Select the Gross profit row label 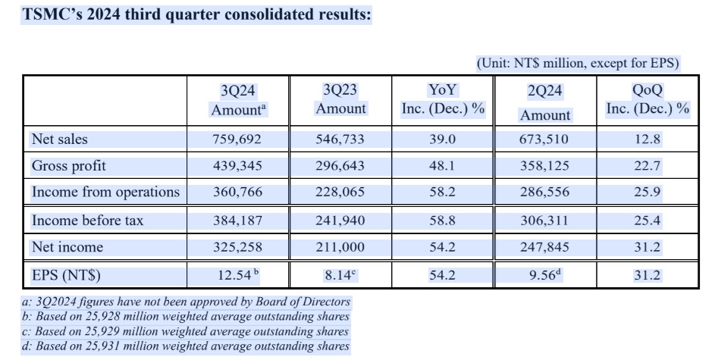[69, 166]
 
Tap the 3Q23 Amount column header [340, 99]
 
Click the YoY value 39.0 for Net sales [443, 139]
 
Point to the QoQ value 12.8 [647, 139]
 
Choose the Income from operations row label [105, 193]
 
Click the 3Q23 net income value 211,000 [340, 247]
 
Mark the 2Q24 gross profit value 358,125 [545, 166]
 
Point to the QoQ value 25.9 [647, 193]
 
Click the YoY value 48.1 [443, 166]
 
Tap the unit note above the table [577, 64]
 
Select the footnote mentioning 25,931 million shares [187, 346]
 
